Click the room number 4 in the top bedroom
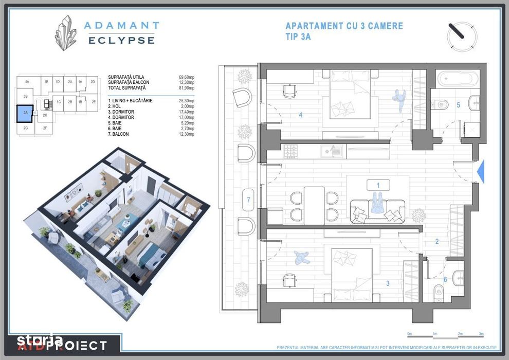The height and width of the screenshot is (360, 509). click(301, 115)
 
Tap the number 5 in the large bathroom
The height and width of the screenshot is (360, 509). click(458, 105)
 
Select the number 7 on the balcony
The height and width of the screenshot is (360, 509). click(248, 200)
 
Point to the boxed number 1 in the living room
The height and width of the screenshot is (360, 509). click(378, 185)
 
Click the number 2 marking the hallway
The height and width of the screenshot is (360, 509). click(437, 241)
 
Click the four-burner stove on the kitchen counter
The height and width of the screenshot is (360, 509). click(292, 151)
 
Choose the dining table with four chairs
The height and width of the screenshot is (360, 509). click(314, 205)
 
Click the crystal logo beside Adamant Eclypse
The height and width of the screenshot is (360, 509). click(66, 33)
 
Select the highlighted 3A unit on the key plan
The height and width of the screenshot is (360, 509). click(25, 113)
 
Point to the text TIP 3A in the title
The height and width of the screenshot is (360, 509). click(298, 37)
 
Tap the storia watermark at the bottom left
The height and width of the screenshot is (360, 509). click(40, 340)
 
